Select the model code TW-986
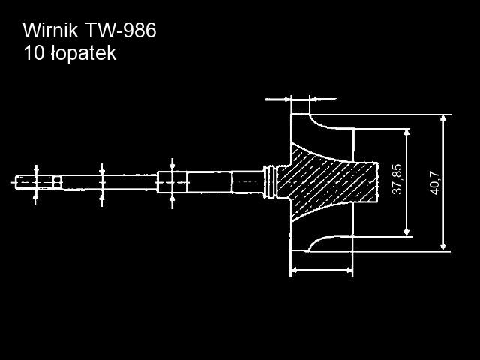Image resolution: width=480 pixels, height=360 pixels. [x=120, y=31]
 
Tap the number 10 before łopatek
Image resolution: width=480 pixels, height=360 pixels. [x=33, y=53]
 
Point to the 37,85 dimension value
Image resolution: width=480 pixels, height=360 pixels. [x=397, y=180]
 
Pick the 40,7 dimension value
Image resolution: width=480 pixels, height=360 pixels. [x=434, y=181]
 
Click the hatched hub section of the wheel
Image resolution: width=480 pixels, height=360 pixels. [x=330, y=180]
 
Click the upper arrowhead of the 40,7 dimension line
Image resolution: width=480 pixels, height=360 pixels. [x=443, y=120]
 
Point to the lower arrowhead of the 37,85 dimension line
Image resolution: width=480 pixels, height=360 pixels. [x=406, y=231]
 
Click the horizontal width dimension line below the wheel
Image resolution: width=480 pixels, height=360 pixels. [x=321, y=269]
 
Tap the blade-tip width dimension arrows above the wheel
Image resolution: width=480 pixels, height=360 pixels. [x=300, y=97]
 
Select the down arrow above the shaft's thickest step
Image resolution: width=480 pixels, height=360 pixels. [x=172, y=166]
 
